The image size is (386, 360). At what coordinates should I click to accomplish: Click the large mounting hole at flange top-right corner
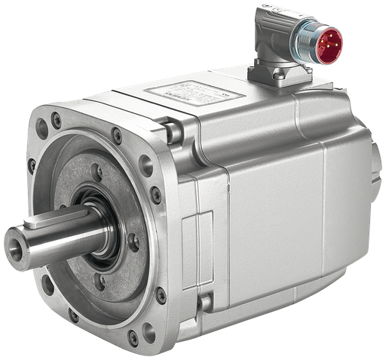pos(146,165)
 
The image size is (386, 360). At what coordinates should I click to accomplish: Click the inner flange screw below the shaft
pos(100,282)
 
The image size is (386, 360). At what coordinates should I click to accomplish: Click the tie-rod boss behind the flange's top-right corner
pos(173,132)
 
